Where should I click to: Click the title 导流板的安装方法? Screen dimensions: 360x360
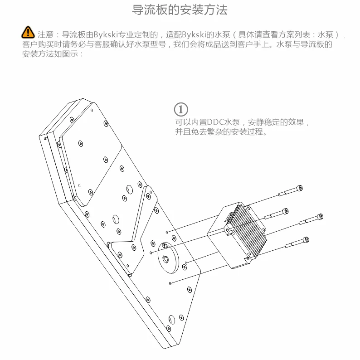[x=180, y=10]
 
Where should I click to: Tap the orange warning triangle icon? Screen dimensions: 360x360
[x=28, y=33]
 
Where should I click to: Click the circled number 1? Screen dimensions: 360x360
[x=180, y=110]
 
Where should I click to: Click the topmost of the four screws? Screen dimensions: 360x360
[x=290, y=191]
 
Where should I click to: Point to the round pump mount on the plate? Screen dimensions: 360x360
[x=169, y=258]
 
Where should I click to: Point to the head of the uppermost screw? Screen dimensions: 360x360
[x=299, y=188]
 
